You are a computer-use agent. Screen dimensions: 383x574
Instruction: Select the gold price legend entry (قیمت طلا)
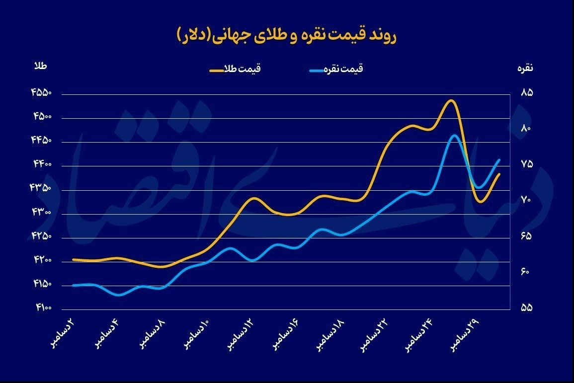tap(235, 70)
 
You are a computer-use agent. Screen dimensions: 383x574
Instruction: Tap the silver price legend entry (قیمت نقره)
tap(336, 70)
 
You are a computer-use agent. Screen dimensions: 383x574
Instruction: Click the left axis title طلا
tap(40, 67)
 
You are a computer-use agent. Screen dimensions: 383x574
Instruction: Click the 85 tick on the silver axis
tap(527, 93)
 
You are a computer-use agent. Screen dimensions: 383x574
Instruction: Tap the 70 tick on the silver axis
tap(527, 200)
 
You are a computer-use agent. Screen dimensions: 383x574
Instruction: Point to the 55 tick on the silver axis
tap(527, 307)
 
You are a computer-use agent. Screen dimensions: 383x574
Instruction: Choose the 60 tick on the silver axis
tap(527, 272)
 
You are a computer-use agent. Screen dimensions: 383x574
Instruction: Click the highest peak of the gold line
tap(450, 100)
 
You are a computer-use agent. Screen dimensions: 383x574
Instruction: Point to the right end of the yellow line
tap(499, 174)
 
